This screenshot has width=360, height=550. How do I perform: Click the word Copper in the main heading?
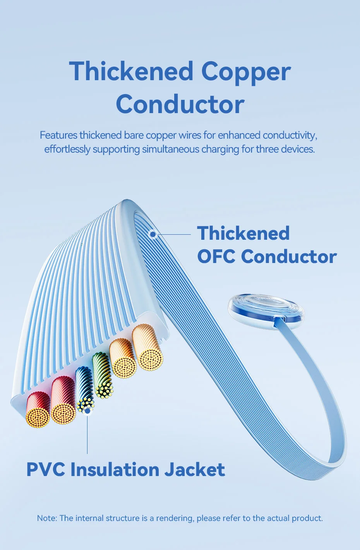coord(246,72)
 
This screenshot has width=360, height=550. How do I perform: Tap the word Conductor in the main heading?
coord(180,104)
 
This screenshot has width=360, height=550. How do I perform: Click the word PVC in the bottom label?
coord(46,469)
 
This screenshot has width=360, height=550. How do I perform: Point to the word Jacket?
coord(194,469)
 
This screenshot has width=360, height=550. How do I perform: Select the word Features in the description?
coord(58,135)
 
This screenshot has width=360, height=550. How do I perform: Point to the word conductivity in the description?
coord(290,136)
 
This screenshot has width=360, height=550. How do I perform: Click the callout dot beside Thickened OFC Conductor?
coord(153,234)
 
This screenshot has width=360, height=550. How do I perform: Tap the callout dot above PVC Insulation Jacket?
coord(87,410)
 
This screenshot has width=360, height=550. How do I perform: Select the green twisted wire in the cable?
coord(103,375)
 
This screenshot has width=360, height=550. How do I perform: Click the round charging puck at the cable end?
coord(266,311)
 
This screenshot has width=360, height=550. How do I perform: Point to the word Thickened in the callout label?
coord(243,233)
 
